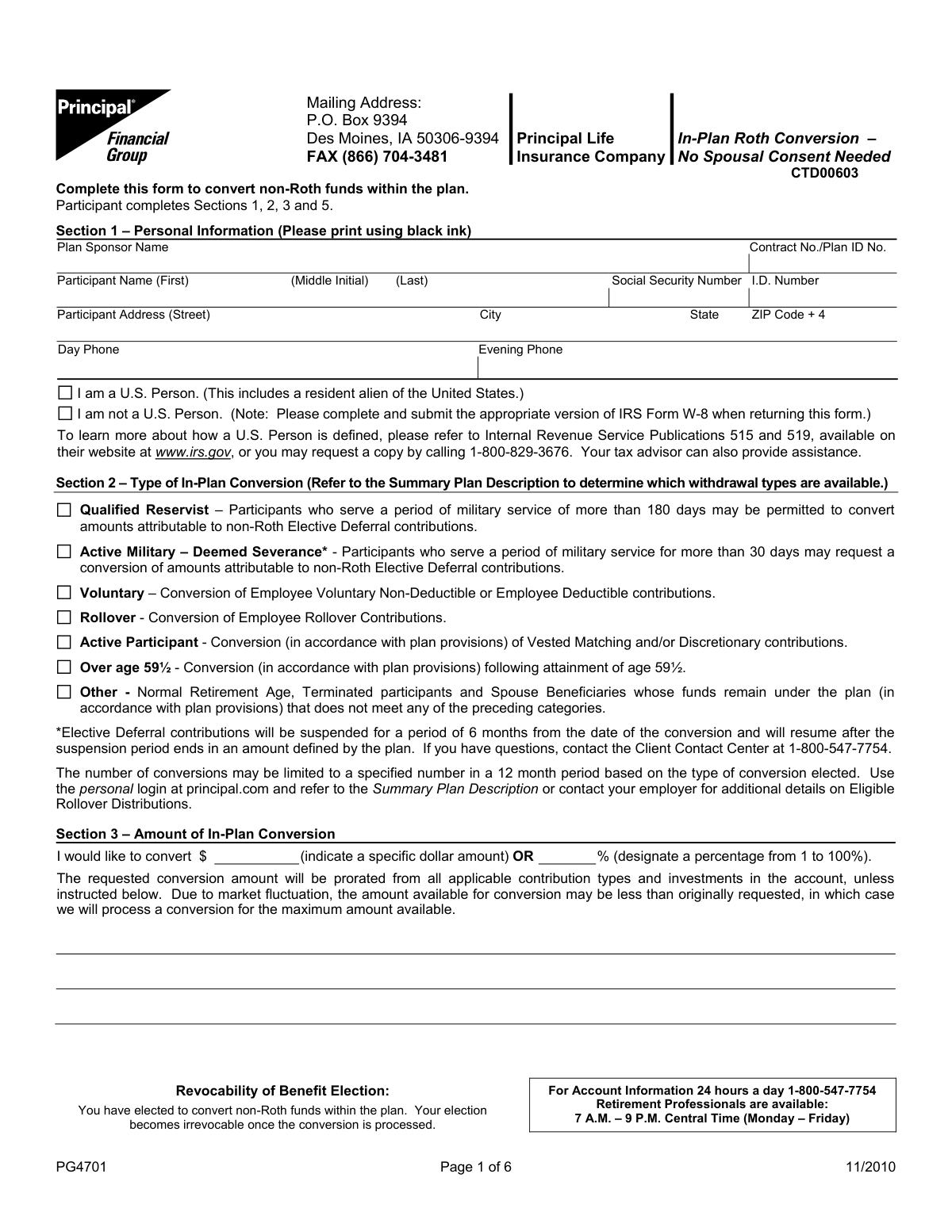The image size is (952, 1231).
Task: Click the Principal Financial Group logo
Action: [x=113, y=125]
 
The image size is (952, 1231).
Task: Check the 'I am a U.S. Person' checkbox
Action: [x=65, y=393]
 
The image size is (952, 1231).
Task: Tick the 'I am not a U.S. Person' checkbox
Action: [x=65, y=414]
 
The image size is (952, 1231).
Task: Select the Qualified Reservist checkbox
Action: [x=64, y=510]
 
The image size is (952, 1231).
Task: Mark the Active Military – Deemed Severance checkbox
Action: [x=64, y=552]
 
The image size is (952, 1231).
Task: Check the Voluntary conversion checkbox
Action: [x=64, y=593]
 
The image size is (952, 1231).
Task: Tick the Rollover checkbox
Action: [x=64, y=617]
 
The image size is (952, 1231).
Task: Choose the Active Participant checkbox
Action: [x=64, y=642]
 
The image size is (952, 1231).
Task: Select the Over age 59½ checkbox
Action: [x=64, y=667]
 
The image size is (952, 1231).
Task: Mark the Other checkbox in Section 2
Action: [x=64, y=692]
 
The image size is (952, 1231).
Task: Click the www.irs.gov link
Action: [x=193, y=453]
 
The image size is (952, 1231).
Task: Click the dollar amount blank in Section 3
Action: [x=256, y=857]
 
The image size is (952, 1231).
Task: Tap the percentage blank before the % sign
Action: [x=567, y=857]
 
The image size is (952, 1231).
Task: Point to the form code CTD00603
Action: [x=824, y=173]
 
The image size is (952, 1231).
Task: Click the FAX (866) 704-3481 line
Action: [x=377, y=157]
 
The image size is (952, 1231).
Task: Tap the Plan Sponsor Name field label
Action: [x=113, y=247]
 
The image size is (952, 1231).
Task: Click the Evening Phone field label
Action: [x=520, y=350]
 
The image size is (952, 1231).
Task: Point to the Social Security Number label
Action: [x=676, y=281]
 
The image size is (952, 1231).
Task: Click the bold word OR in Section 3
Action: [x=524, y=857]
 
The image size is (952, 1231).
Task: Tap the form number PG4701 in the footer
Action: [x=81, y=1166]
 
